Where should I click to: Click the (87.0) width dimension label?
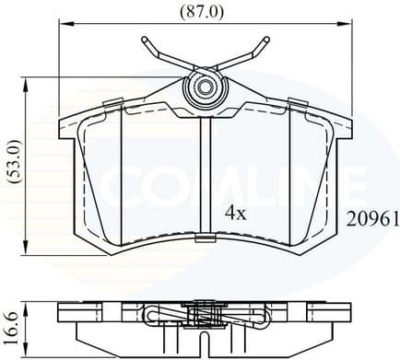[202, 11]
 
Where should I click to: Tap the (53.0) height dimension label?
[11, 165]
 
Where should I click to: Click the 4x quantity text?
[236, 213]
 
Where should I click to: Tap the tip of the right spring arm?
[266, 41]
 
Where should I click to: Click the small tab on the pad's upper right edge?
[297, 101]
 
